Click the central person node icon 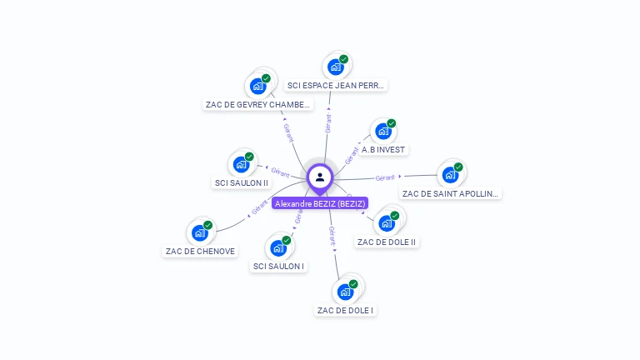pyautogui.click(x=320, y=177)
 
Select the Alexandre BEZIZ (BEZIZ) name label pyautogui.click(x=320, y=203)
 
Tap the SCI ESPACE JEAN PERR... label pyautogui.click(x=336, y=85)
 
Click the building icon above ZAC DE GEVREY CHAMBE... pyautogui.click(x=258, y=86)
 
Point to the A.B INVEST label pyautogui.click(x=383, y=150)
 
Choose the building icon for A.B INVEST pyautogui.click(x=383, y=132)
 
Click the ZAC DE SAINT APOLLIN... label pyautogui.click(x=451, y=193)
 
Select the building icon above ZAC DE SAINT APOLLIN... pyautogui.click(x=450, y=175)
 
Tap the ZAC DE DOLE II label pyautogui.click(x=386, y=242)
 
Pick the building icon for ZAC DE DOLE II pyautogui.click(x=387, y=222)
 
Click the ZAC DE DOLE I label pyautogui.click(x=346, y=310)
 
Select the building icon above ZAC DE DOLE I pyautogui.click(x=345, y=292)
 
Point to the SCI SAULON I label pyautogui.click(x=278, y=267)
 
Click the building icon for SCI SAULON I pyautogui.click(x=278, y=247)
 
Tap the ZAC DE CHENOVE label pyautogui.click(x=200, y=251)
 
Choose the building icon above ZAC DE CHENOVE pyautogui.click(x=200, y=232)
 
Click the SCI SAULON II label pyautogui.click(x=242, y=182)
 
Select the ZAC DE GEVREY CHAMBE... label pyautogui.click(x=258, y=105)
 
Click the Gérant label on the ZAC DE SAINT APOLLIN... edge pyautogui.click(x=384, y=177)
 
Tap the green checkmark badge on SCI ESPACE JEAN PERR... pyautogui.click(x=343, y=60)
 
